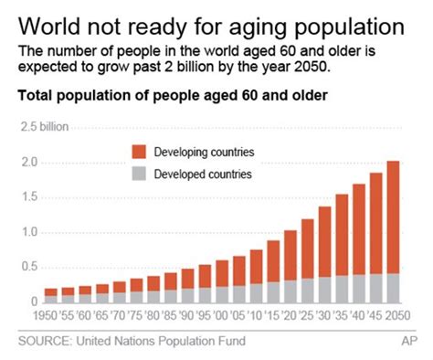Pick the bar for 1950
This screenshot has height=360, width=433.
tap(52, 295)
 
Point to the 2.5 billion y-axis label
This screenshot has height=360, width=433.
tap(44, 126)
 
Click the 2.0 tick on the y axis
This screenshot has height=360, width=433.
tap(29, 162)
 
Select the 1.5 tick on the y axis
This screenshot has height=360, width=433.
tap(29, 196)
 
